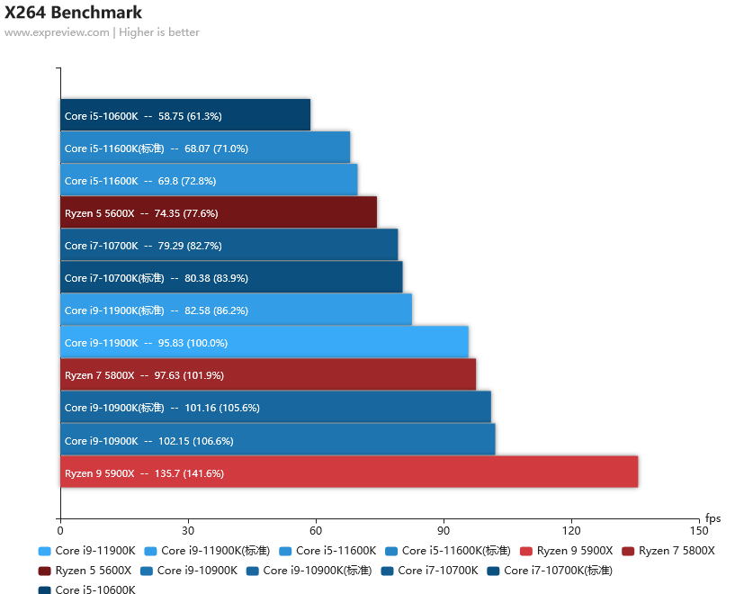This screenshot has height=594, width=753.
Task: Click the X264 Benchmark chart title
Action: point(73,13)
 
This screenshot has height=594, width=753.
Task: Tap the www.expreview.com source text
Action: point(57,32)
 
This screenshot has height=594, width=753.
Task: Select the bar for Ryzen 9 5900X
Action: point(349,472)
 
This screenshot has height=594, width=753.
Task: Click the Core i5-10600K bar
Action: point(185,115)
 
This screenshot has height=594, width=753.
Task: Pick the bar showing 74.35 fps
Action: point(219,211)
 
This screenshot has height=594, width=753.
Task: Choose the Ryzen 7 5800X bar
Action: point(268,374)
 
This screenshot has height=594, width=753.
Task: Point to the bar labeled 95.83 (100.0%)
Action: point(264,342)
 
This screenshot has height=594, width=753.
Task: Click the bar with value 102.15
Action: point(278,439)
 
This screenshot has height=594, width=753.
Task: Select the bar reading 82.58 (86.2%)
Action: point(237,310)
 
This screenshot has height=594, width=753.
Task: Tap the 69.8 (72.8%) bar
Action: point(209,180)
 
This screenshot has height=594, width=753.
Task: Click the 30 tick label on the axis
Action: point(188,531)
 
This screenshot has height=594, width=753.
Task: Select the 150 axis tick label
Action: point(699,531)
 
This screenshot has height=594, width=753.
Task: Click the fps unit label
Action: point(713,518)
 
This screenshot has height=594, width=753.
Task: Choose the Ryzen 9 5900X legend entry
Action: point(566,551)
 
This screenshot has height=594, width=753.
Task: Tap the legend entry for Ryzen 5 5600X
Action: point(85,571)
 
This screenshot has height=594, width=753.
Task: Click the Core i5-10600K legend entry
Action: point(87,589)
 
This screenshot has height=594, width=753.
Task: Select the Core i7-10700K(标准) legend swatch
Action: point(493,571)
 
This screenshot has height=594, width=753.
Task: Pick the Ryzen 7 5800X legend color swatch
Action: point(628,551)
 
